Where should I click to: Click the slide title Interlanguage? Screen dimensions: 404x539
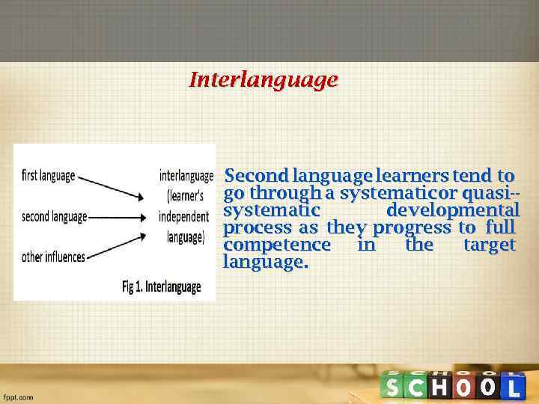[x=264, y=79]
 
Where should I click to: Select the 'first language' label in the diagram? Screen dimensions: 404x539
[x=49, y=177]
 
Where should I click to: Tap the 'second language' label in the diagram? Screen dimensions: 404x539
[x=54, y=217]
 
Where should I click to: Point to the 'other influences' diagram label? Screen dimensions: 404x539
[x=53, y=257]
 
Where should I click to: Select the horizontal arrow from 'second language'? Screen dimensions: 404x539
[x=117, y=218]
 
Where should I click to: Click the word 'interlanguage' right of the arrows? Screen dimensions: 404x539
[x=186, y=177]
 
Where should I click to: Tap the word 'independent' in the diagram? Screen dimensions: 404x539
[x=184, y=217]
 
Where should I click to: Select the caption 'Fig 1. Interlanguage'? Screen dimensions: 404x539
[x=162, y=287]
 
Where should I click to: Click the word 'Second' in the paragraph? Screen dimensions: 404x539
[x=256, y=177]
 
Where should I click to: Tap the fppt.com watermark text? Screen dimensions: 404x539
[x=19, y=397]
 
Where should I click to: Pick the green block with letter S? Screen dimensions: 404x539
[x=393, y=388]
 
